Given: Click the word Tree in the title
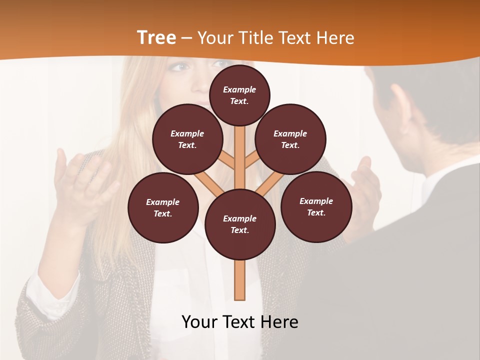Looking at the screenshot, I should pos(156,37).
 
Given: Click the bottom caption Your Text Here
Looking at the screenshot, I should pos(240,322).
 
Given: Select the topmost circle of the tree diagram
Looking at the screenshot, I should pos(239,94).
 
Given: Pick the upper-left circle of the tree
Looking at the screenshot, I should pos(187,139).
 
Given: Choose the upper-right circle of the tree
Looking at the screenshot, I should pos(290,139).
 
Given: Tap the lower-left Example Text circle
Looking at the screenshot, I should pos(163,207).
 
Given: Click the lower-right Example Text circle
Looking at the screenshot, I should pos(316,206).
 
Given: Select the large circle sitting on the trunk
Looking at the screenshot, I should pos(240,224).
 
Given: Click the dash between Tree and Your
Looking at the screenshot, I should pos(186,38).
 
